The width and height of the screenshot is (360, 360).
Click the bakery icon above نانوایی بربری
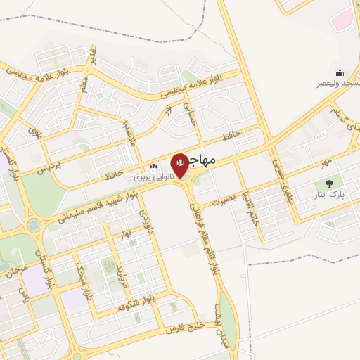[x=154, y=167]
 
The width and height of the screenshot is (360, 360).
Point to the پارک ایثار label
[x=333, y=193]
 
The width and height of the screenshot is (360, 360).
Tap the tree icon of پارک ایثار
[x=329, y=184]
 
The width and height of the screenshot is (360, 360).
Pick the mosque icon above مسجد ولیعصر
[x=340, y=72]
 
